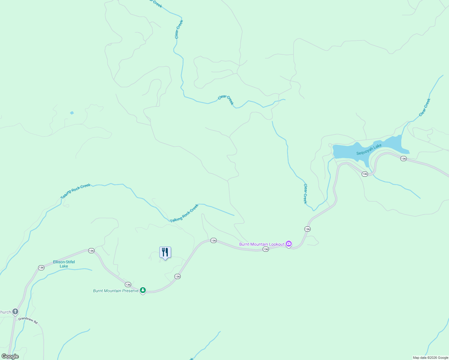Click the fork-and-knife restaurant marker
click(165, 253)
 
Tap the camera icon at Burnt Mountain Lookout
click(289, 244)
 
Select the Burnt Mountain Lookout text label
click(261, 244)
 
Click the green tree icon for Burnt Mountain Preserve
click(143, 290)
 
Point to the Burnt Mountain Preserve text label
click(116, 291)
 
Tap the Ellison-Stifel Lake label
click(64, 264)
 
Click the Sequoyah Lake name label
click(369, 149)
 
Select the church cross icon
click(15, 312)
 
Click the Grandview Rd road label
click(28, 320)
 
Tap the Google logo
click(10, 356)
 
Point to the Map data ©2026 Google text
click(430, 358)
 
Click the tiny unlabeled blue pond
click(72, 113)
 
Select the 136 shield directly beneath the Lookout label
click(266, 249)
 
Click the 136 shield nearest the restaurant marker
click(177, 276)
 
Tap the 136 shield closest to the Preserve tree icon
click(128, 284)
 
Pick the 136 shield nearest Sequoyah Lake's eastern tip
click(403, 158)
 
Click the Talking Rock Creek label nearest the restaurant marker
click(184, 213)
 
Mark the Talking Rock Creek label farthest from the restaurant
click(75, 191)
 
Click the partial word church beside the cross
click(5, 312)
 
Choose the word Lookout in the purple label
click(276, 244)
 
